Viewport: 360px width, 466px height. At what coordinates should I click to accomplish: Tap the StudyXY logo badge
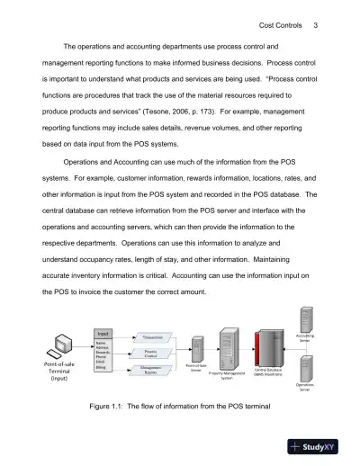[x=323, y=446]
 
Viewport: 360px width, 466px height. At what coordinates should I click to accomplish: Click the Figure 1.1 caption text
[x=180, y=408]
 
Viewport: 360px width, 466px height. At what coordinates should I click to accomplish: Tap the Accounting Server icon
[x=305, y=320]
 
